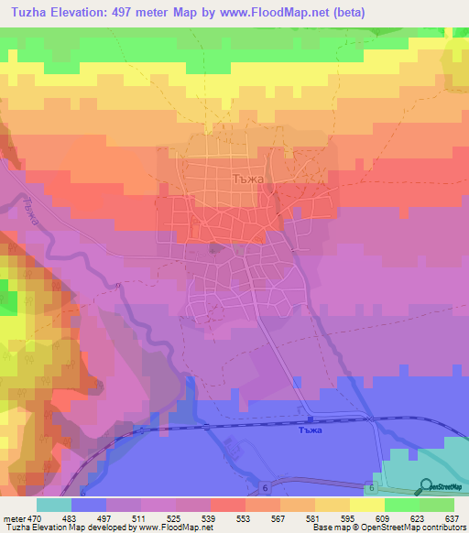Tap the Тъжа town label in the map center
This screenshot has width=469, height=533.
point(249,179)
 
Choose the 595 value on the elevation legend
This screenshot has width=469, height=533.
point(344,518)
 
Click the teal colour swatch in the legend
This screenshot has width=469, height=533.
point(54,505)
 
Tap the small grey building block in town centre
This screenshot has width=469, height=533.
point(215,248)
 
